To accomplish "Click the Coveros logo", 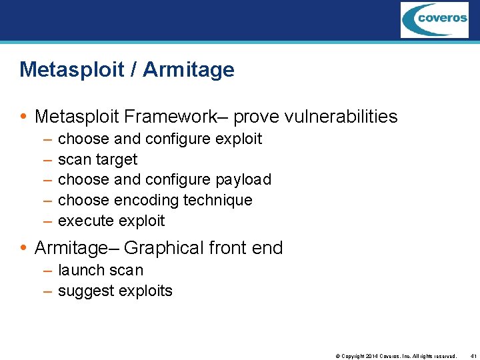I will pos(434,20).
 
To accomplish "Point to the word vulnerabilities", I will pos(341,117).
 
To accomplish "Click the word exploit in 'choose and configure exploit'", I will pos(239,139).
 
